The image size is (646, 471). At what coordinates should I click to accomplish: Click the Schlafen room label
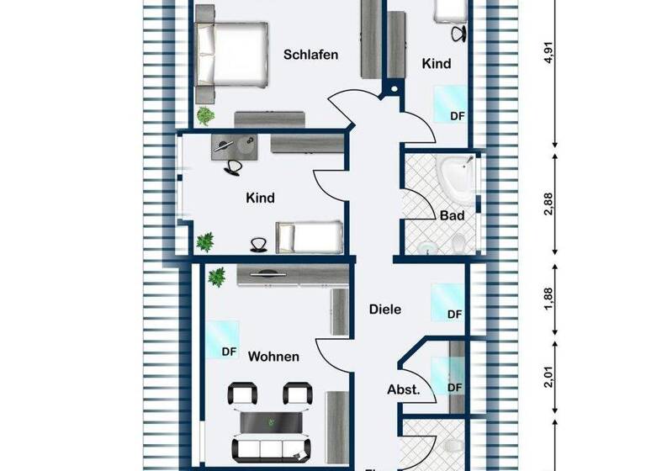pos(310,55)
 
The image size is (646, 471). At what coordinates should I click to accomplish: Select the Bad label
pos(452,216)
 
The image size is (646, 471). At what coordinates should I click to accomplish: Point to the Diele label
pos(385,310)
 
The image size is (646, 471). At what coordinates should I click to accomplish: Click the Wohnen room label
pos(273,357)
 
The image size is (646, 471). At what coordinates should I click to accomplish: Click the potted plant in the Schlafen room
pos(204,114)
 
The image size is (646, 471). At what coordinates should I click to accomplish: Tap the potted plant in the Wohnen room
pos(217,275)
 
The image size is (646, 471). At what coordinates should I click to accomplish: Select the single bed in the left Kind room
pos(310,236)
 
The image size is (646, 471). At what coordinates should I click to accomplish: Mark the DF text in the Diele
pos(454,315)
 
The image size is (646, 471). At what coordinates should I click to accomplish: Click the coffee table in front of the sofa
pos(269,421)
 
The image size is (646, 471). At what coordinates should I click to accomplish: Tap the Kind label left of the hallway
pos(260,198)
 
